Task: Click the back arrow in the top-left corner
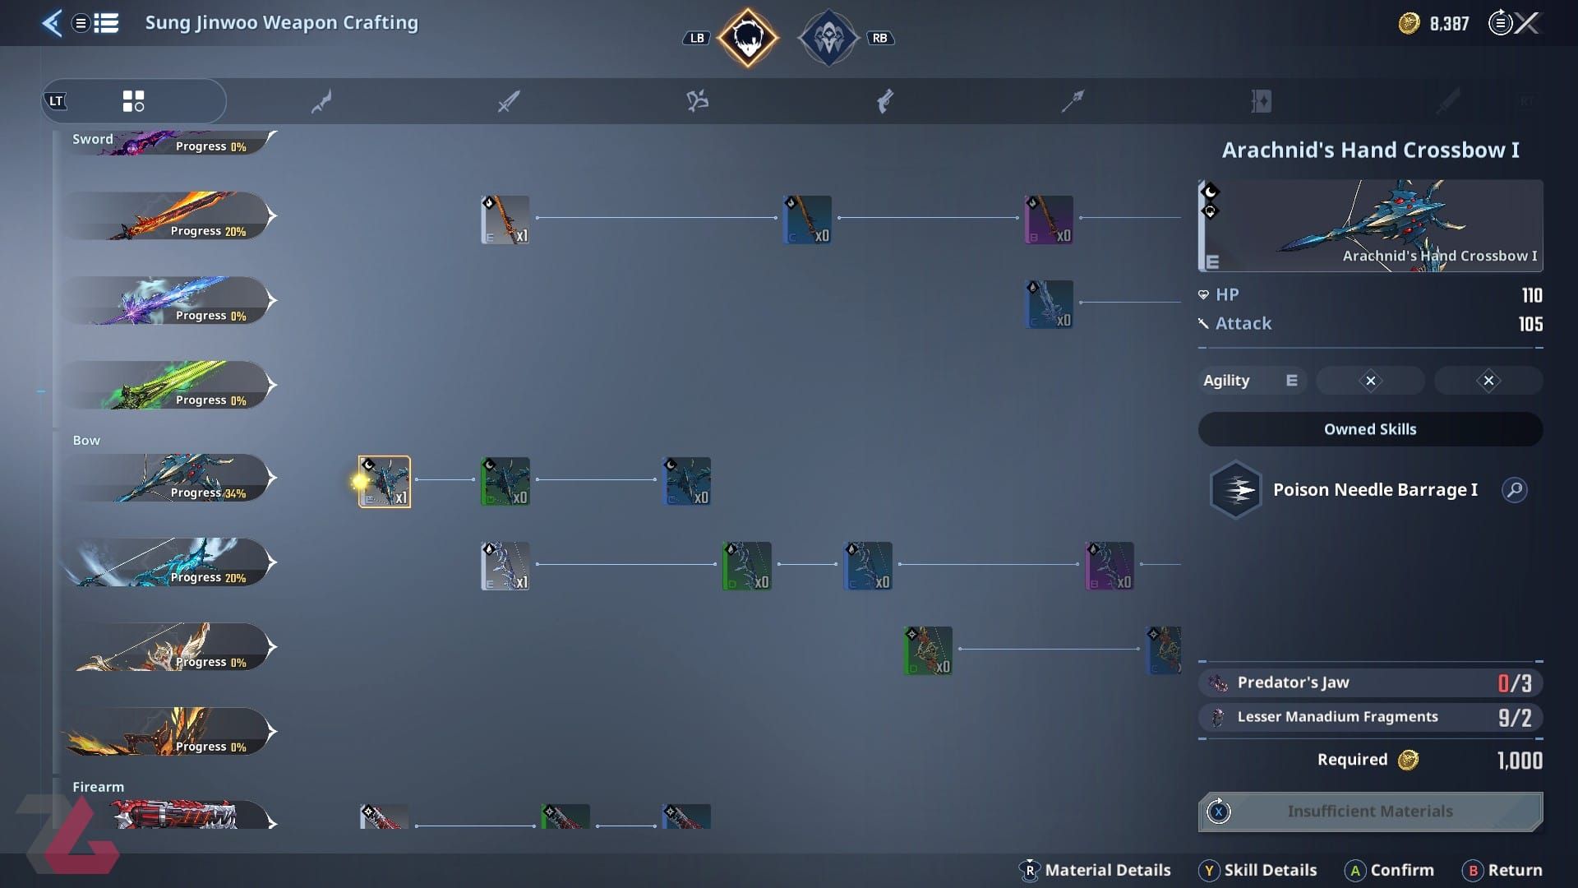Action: (52, 23)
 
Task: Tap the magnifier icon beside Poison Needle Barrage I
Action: (1514, 490)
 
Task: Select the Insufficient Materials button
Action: (1370, 812)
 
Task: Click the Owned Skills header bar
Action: (1370, 429)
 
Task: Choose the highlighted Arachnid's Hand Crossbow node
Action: (385, 482)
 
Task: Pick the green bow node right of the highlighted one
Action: (505, 482)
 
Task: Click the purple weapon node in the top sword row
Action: (1049, 220)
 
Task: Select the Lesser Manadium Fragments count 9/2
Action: (1514, 718)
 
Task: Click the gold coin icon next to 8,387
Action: (1409, 24)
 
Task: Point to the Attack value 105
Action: (1530, 324)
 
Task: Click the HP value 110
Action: (1531, 295)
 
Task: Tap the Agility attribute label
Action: (1225, 381)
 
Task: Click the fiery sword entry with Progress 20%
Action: (168, 216)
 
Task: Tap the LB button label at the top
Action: (696, 38)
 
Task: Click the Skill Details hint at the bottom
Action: (1270, 870)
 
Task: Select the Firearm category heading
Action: (98, 787)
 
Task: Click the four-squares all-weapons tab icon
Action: (133, 101)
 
